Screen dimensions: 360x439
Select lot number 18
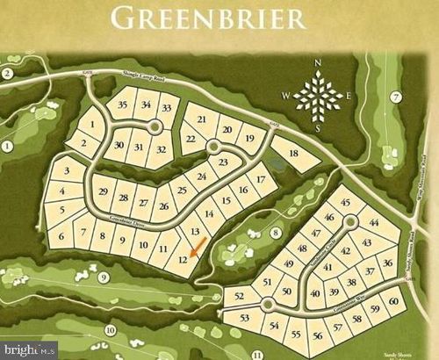click(x=293, y=154)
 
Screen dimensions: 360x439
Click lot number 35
click(x=123, y=105)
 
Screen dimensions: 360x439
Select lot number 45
click(x=345, y=203)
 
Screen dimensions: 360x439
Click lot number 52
click(x=240, y=298)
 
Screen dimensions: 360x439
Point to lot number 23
click(x=223, y=162)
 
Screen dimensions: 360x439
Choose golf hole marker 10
click(x=110, y=330)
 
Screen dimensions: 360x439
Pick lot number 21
click(x=201, y=119)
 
